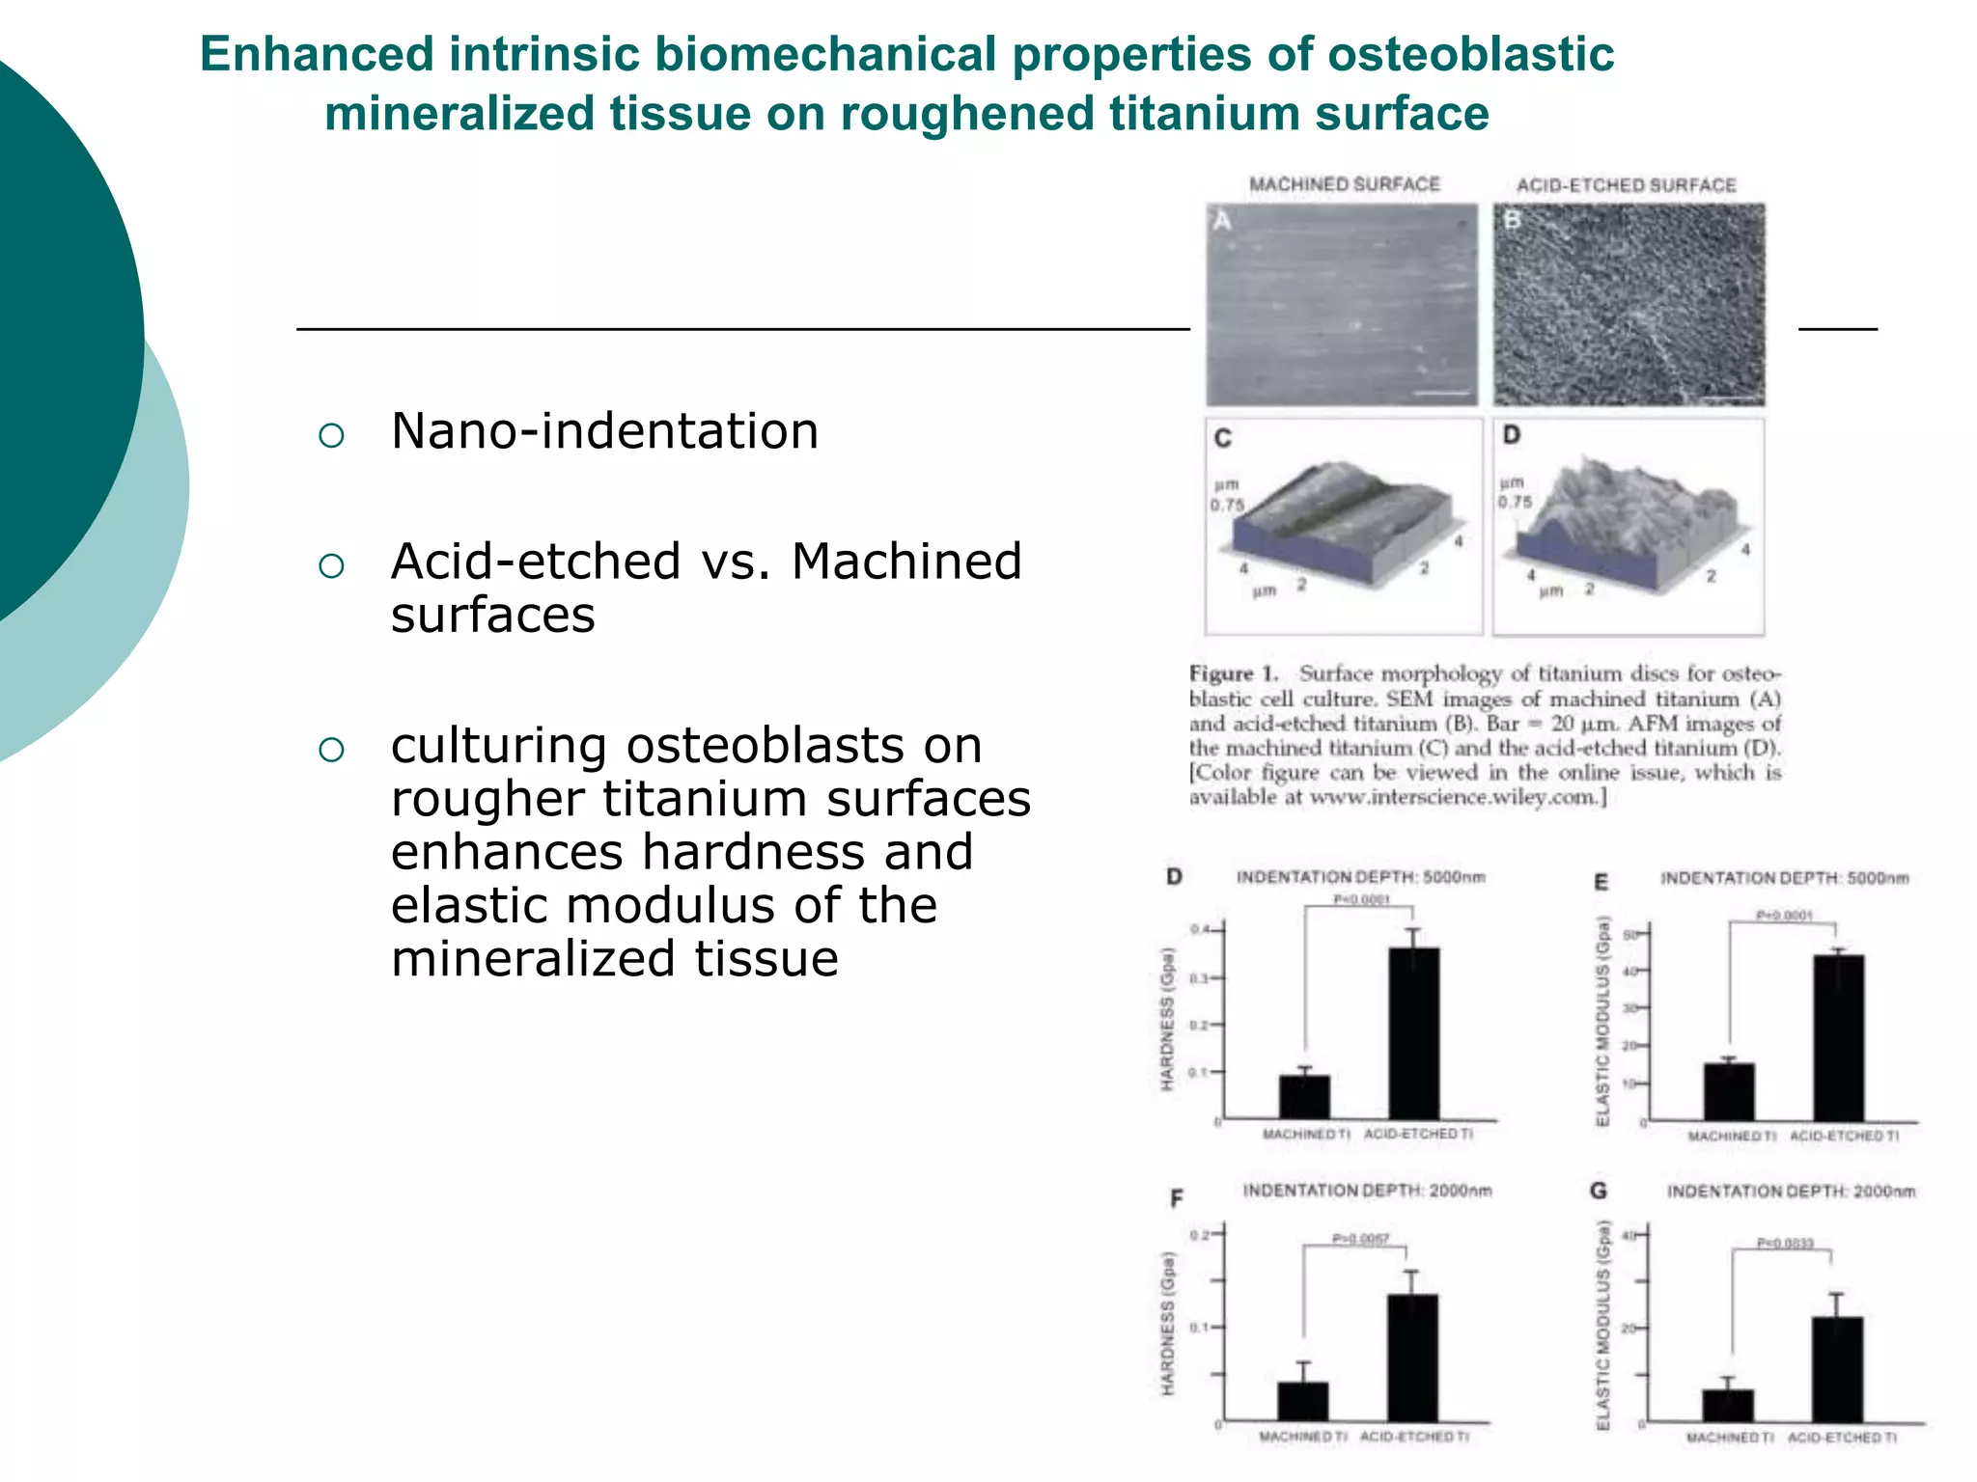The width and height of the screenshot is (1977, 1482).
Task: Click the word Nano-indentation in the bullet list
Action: pos(604,431)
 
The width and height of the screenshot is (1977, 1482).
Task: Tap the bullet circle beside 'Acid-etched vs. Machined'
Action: pos(331,566)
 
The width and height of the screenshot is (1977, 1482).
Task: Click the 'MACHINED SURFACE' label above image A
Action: pos(1344,184)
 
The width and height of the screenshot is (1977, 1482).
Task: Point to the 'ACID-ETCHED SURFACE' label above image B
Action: pos(1626,185)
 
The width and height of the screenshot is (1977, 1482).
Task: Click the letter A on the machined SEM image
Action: pos(1221,221)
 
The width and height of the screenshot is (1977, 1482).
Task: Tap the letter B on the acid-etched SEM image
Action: pos(1512,220)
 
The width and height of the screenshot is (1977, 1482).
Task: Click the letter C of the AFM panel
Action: pos(1222,439)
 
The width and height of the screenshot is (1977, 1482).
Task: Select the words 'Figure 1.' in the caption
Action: pos(1233,673)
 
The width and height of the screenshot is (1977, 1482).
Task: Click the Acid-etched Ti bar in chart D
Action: pos(1413,1032)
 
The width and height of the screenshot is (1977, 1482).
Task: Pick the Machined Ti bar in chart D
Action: pos(1304,1097)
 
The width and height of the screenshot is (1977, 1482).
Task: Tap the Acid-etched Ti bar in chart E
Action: pos(1838,1037)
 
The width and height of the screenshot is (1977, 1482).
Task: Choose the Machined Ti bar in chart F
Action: pos(1302,1401)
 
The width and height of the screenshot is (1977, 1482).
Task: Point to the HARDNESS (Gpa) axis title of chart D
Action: pos(1168,1020)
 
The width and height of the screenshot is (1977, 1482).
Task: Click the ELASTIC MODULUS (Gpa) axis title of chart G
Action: pos(1602,1326)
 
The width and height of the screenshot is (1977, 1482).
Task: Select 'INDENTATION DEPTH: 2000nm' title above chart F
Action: pos(1367,1191)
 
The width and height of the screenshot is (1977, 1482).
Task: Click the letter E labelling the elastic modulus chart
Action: pos(1601,882)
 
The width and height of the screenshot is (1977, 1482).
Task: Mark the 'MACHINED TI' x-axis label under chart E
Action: pos(1731,1137)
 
